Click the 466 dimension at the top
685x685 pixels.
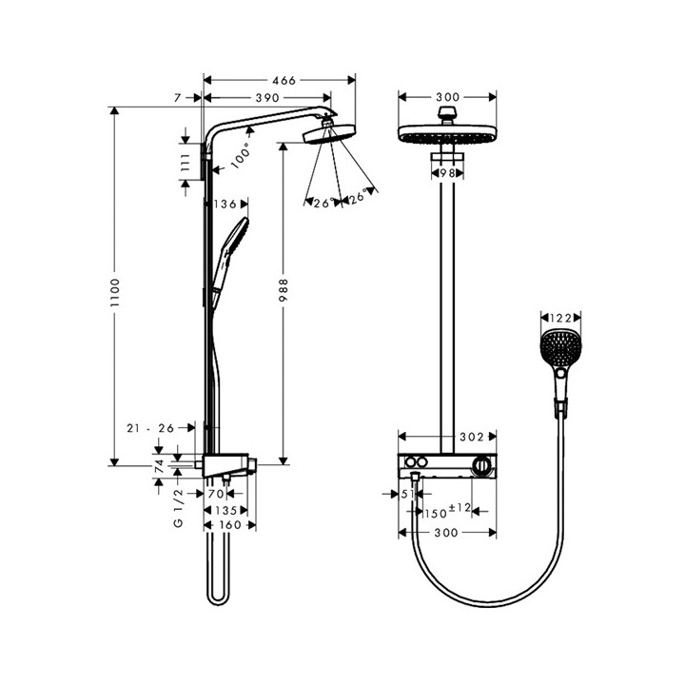[279, 81]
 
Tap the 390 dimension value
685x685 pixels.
[266, 98]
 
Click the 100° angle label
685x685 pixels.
[242, 150]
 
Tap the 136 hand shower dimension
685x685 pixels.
[225, 204]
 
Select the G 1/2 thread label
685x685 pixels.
[177, 509]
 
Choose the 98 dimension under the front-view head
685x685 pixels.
[447, 173]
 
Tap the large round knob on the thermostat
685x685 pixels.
[485, 466]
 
